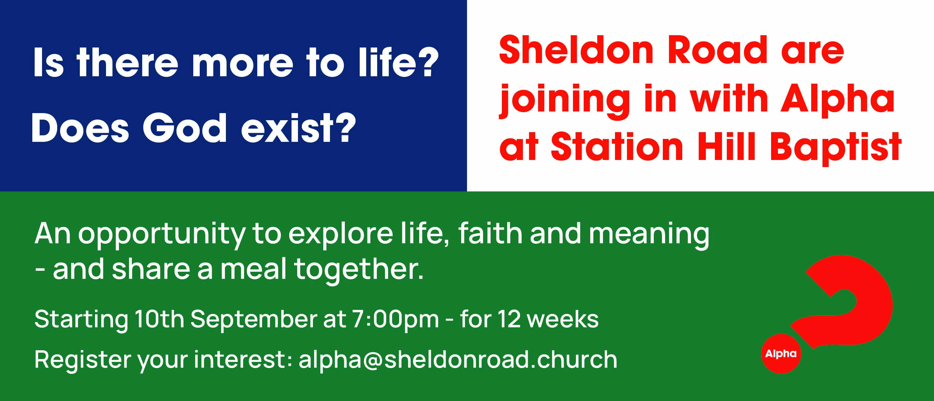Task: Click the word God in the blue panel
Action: click(185, 128)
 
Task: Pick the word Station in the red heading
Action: click(617, 146)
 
